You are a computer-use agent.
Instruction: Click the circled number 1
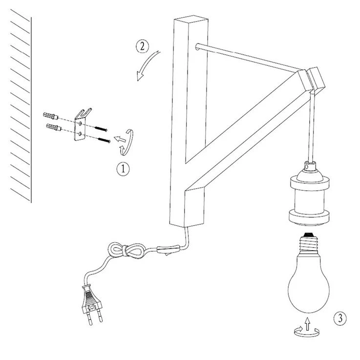coord(123,169)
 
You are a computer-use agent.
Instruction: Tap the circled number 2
coord(142,46)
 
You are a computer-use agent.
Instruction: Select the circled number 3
coord(340,318)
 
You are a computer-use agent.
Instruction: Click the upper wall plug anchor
coord(50,116)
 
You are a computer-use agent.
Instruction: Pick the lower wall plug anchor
coord(54,127)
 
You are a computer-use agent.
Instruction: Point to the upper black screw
coord(101,129)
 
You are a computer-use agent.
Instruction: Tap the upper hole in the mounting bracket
coord(80,124)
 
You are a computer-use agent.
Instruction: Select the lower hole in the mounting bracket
coord(80,134)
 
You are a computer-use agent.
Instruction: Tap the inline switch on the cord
coord(168,249)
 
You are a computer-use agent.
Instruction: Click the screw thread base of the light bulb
coord(309,244)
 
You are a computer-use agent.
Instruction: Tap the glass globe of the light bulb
coord(308,283)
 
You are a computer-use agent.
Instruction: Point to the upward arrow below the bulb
coord(307,324)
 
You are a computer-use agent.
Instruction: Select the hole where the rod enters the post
coord(197,46)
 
